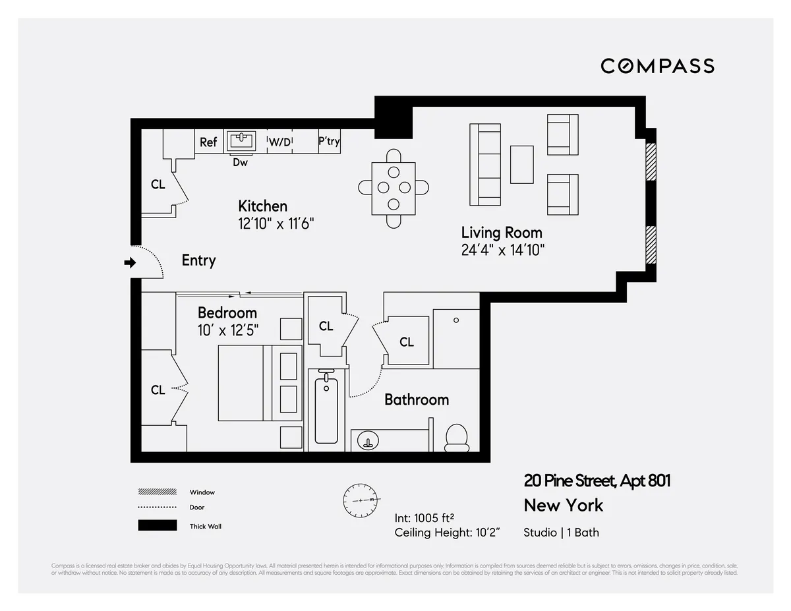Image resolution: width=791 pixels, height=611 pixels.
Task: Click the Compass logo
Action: [657, 66]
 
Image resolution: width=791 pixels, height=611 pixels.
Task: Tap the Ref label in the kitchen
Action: [208, 142]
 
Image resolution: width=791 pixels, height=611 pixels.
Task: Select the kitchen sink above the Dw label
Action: [241, 141]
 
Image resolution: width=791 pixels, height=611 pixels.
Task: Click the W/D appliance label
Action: [279, 142]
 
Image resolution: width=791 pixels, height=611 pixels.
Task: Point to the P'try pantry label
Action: [329, 141]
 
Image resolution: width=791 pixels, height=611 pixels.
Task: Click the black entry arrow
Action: [130, 263]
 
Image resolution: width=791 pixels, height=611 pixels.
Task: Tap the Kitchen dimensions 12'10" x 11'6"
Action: [276, 224]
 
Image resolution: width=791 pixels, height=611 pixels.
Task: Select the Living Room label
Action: [502, 233]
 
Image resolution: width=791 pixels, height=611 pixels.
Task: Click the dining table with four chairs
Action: [394, 188]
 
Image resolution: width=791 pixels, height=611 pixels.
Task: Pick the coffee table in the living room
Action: [521, 164]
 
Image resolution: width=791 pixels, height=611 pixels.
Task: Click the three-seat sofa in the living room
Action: [485, 164]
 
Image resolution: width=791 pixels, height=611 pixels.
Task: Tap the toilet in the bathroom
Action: [456, 437]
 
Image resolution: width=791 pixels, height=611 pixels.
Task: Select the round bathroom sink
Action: [367, 440]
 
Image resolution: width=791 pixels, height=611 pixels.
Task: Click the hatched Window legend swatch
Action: [157, 492]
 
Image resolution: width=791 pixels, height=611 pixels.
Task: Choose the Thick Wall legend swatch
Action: [157, 526]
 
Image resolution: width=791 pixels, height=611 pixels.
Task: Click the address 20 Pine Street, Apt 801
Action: [597, 481]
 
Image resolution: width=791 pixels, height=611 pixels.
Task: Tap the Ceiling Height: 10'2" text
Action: [448, 533]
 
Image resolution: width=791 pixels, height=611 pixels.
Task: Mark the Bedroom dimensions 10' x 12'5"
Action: [227, 330]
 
